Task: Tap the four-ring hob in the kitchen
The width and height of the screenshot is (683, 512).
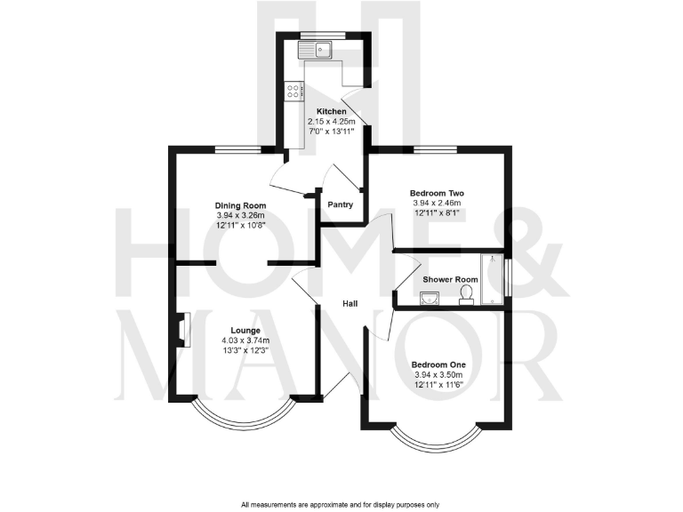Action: click(293, 90)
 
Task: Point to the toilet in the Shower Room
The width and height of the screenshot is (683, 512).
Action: click(466, 299)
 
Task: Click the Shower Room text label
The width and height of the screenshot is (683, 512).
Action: click(450, 279)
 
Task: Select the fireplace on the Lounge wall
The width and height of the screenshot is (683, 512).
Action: click(181, 331)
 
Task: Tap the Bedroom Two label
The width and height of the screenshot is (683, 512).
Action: click(437, 193)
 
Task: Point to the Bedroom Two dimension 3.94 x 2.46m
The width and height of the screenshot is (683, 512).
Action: click(437, 204)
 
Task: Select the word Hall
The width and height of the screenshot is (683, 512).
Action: click(351, 305)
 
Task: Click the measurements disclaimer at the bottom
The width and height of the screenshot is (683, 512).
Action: click(341, 504)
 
